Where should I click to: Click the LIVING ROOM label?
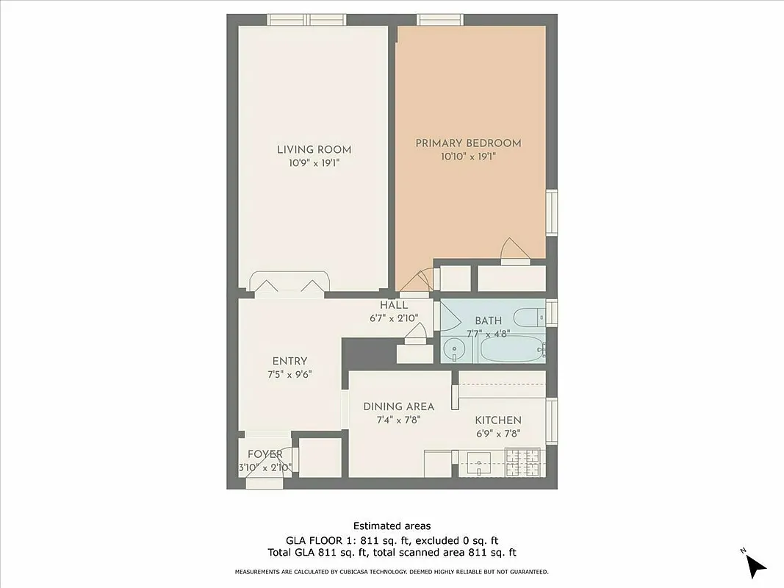click(x=314, y=150)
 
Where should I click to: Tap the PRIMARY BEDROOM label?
click(x=468, y=143)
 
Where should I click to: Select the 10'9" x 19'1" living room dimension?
click(x=314, y=163)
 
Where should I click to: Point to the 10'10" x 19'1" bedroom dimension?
click(x=468, y=157)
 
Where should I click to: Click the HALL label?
click(x=394, y=305)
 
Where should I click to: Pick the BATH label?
click(x=488, y=320)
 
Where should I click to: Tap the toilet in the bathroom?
click(x=529, y=318)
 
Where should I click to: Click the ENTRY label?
click(x=289, y=361)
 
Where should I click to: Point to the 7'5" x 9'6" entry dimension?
click(x=289, y=374)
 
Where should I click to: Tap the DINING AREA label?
click(x=399, y=406)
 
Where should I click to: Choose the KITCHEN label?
click(x=498, y=420)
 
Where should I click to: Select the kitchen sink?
click(x=479, y=463)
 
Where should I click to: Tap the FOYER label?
click(x=265, y=454)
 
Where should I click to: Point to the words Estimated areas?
click(x=392, y=526)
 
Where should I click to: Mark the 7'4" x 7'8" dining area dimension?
click(x=399, y=420)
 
